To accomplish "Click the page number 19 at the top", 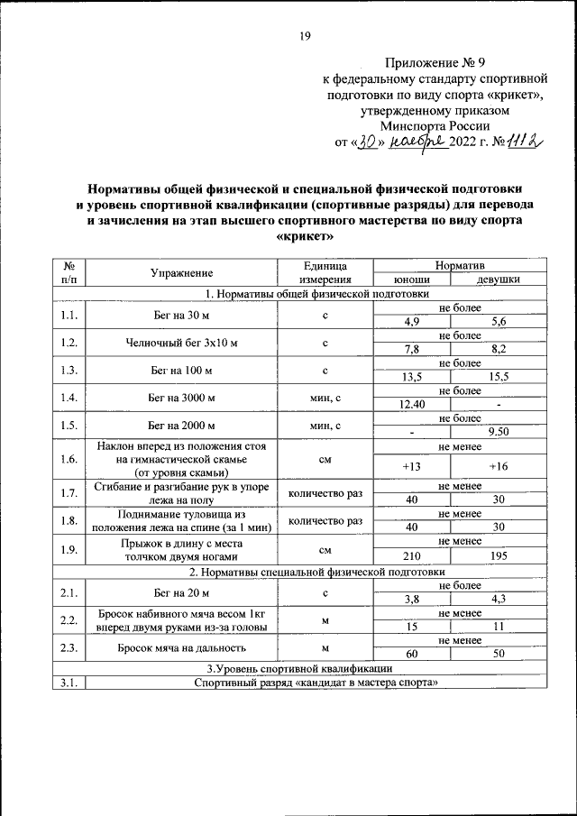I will (305, 36).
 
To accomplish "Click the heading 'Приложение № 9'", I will (435, 63).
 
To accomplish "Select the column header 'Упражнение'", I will (182, 272).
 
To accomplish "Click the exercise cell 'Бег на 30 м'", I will (182, 316).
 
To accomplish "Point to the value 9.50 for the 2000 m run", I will (499, 432).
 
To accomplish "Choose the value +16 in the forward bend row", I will (499, 465).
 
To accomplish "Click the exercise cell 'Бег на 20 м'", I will (182, 592).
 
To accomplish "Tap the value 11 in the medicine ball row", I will (499, 626).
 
